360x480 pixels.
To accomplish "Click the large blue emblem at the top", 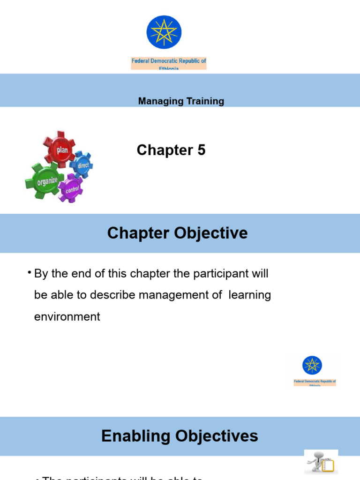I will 164,32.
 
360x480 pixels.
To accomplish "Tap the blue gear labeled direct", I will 82,165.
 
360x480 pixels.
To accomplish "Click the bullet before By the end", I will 29,273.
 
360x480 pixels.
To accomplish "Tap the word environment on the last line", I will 67,317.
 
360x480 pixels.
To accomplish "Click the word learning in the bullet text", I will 250,295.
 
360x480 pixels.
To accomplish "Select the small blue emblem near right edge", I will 312,365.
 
